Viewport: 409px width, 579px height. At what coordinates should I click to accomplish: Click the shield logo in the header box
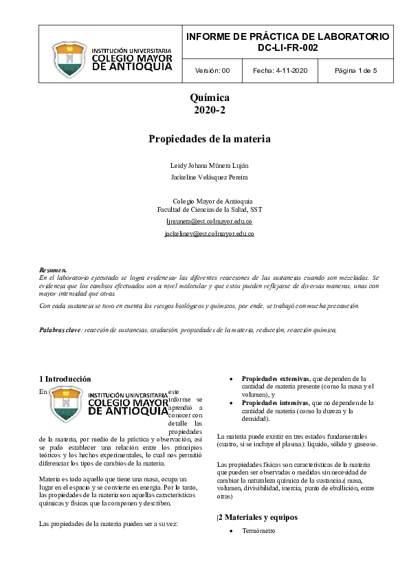point(69,60)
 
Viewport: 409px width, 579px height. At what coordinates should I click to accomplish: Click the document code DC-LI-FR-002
point(287,47)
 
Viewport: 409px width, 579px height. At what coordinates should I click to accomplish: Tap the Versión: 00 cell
point(208,71)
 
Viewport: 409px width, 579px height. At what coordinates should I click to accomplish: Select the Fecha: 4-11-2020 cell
point(280,71)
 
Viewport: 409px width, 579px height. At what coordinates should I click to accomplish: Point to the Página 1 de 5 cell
point(355,71)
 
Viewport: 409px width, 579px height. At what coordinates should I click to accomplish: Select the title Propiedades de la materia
point(210,139)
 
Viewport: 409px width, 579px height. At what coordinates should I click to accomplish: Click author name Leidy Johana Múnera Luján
point(210,166)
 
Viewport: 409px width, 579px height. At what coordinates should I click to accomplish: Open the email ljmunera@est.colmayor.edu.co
point(210,221)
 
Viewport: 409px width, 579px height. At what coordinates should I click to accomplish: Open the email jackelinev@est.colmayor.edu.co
point(210,234)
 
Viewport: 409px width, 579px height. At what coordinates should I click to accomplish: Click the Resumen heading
point(53,270)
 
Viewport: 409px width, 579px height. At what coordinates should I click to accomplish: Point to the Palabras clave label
point(60,331)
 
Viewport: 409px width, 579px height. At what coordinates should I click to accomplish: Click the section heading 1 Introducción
point(65,379)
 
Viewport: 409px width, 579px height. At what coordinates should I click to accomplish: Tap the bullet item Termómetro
point(258,532)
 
